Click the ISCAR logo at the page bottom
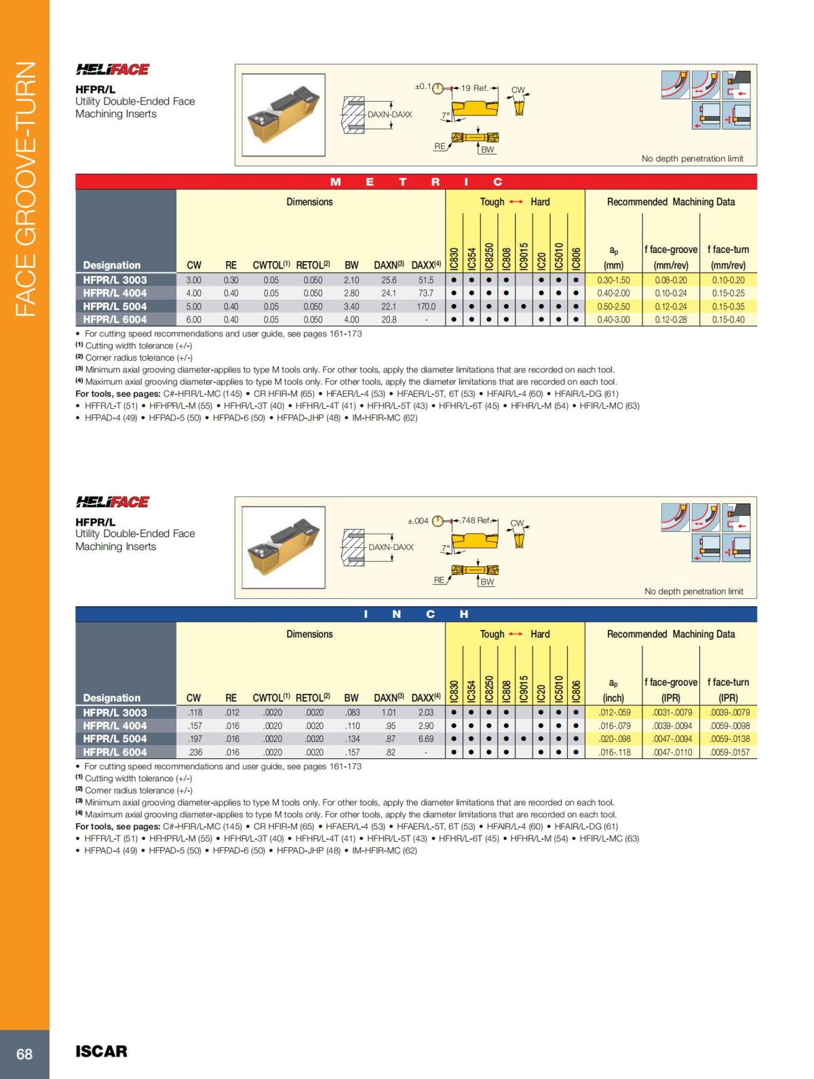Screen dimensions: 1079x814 [101, 1051]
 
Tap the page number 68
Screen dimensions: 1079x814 [24, 1054]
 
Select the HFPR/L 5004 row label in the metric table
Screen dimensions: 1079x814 [115, 307]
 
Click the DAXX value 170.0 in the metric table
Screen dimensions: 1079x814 [425, 307]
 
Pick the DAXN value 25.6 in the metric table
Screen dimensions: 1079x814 [389, 280]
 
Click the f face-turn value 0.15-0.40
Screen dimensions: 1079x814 [728, 319]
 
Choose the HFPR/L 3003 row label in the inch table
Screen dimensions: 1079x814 [115, 713]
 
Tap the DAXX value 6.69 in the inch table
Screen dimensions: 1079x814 [425, 739]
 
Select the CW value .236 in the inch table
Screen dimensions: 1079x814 [194, 752]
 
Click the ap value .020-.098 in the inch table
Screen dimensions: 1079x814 [614, 739]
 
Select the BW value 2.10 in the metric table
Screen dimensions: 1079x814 [351, 280]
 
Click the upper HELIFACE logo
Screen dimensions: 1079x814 [113, 69]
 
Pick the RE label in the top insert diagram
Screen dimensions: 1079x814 [440, 146]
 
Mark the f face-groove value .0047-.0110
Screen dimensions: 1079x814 [671, 752]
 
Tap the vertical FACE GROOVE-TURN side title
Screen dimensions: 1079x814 [25, 189]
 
